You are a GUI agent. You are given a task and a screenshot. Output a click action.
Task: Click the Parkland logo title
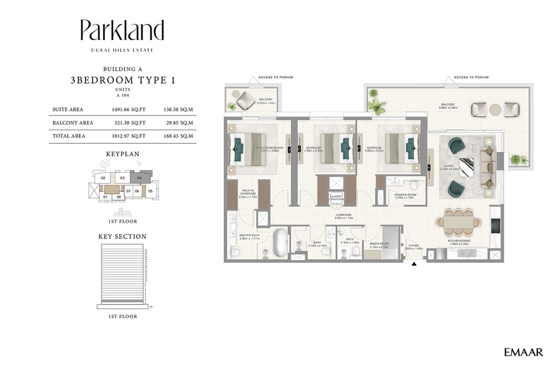pyautogui.click(x=122, y=31)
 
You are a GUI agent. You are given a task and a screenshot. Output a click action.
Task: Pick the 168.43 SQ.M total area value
pyautogui.click(x=178, y=135)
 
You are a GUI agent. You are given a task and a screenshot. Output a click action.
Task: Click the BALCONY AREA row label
pyautogui.click(x=73, y=123)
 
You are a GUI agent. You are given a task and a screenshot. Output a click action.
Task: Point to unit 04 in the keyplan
pyautogui.click(x=139, y=178)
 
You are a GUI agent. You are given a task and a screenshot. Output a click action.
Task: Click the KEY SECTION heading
pyautogui.click(x=122, y=236)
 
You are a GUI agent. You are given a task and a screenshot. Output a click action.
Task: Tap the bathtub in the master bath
pyautogui.click(x=280, y=243)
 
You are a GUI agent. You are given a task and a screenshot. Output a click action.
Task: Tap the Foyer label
pyautogui.click(x=413, y=246)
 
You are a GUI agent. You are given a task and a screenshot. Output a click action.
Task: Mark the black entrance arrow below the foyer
pyautogui.click(x=413, y=265)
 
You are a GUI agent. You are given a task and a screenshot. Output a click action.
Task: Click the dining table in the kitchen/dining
pyautogui.click(x=458, y=222)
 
